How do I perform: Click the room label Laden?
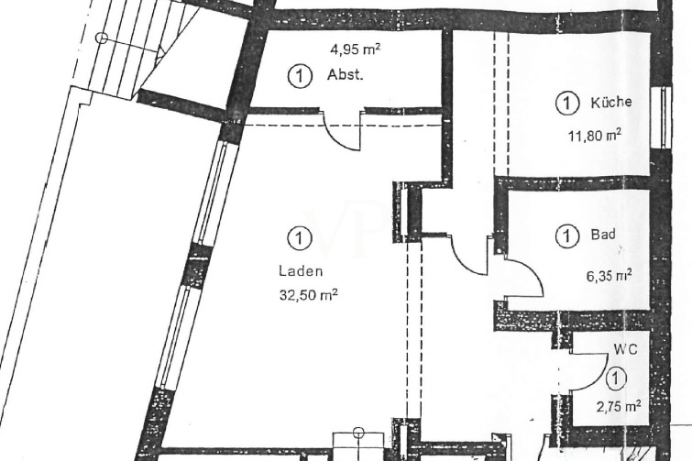295,271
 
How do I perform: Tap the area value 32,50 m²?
303,295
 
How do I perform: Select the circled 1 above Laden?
298,238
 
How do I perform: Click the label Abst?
345,76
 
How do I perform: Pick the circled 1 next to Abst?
298,76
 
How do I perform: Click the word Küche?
610,103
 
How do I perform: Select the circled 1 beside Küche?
567,104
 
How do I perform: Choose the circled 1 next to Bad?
567,236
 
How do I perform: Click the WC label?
625,349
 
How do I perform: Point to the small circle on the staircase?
102,38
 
